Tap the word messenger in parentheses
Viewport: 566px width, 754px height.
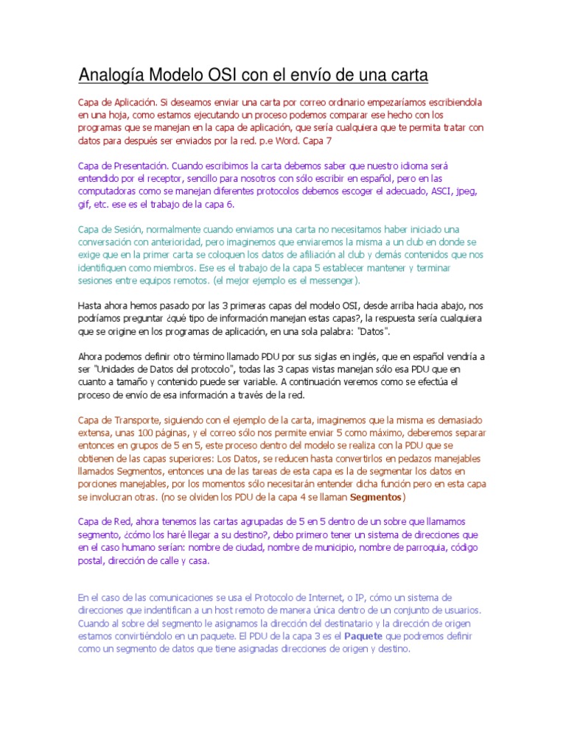click(x=331, y=281)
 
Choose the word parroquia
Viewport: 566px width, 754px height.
click(x=412, y=548)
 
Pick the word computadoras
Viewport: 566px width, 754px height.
click(x=108, y=191)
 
